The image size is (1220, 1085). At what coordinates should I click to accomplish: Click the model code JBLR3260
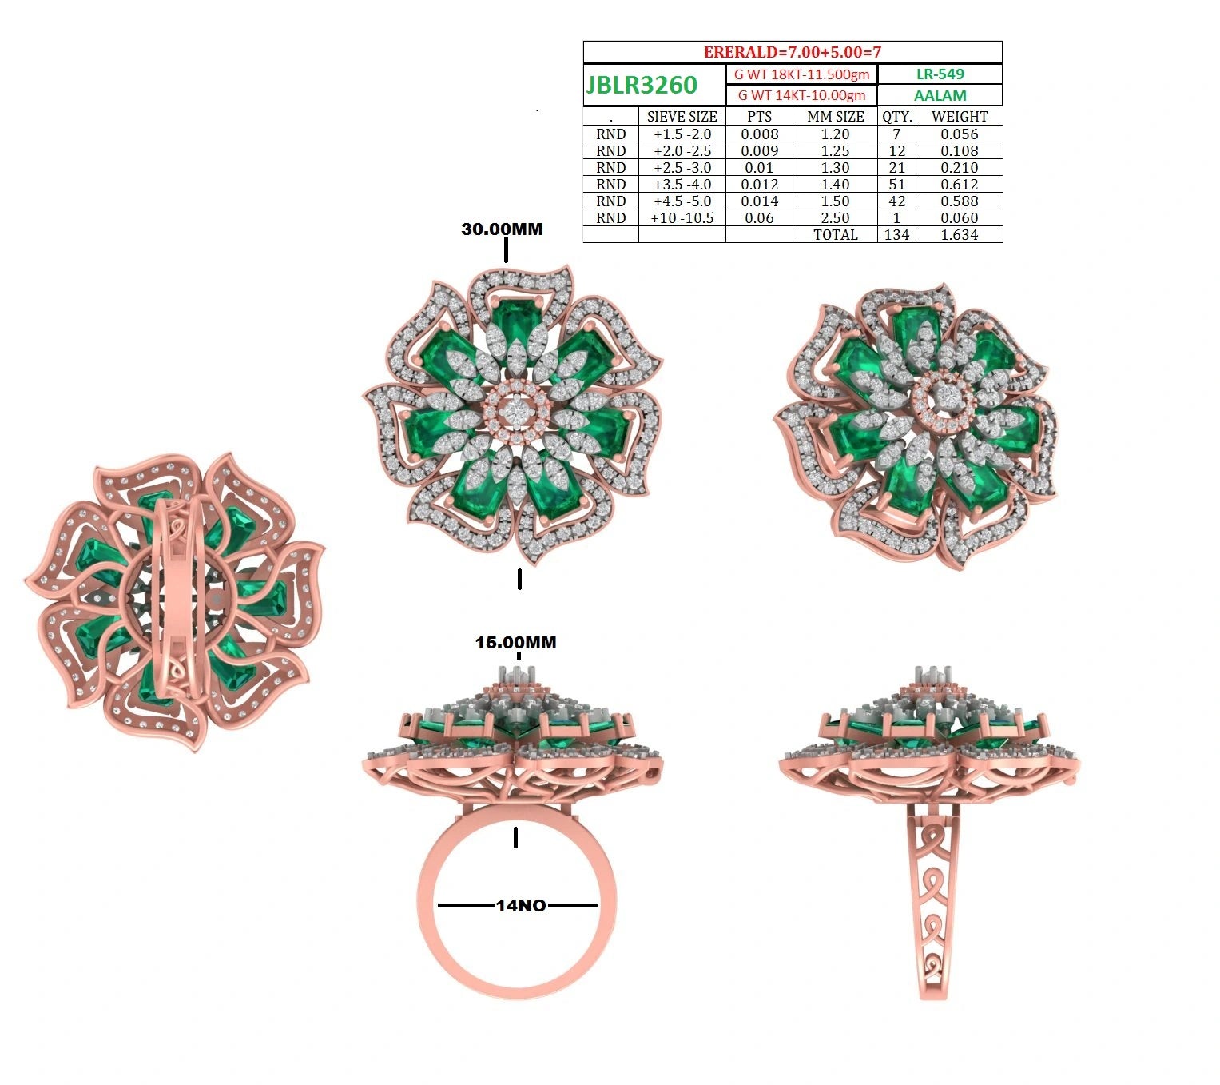[x=642, y=85]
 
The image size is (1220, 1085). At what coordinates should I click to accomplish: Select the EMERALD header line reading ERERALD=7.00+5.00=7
[x=793, y=52]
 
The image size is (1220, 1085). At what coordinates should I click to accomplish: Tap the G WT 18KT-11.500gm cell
[x=801, y=74]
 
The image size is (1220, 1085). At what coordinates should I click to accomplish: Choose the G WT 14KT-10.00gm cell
[x=801, y=95]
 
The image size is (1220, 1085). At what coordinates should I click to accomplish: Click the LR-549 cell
[x=940, y=74]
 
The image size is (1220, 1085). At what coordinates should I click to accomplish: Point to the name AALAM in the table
[x=940, y=95]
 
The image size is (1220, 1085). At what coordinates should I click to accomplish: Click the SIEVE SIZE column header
[x=682, y=117]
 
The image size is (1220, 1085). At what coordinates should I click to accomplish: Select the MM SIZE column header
[x=835, y=117]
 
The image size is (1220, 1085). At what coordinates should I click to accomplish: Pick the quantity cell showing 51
[x=896, y=185]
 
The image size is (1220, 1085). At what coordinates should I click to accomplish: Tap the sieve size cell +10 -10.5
[x=682, y=218]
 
